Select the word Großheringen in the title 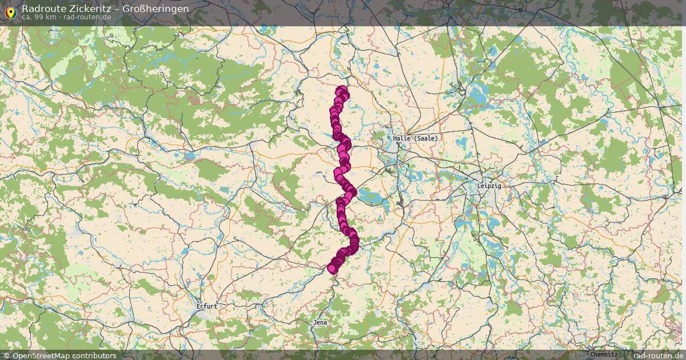point(155,9)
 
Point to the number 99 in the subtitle point(39,17)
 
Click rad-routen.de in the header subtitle point(87,17)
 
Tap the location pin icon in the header point(10,12)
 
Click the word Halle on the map point(402,138)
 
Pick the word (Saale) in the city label point(426,138)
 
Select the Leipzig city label point(489,186)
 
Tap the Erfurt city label point(206,306)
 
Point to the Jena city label point(320,322)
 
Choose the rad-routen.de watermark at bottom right point(658,355)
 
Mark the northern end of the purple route point(342,90)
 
